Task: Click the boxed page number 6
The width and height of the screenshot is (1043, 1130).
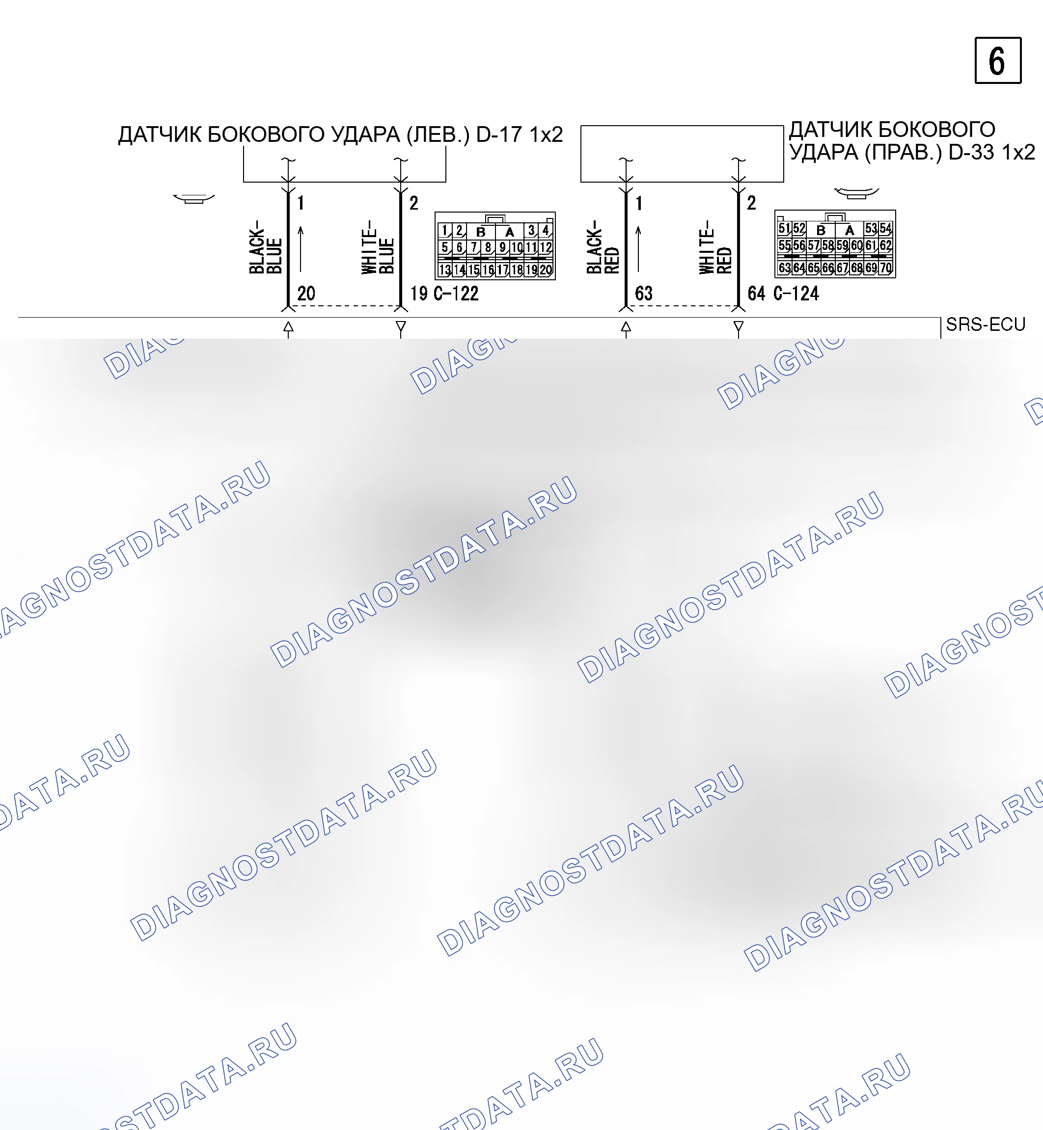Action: pos(998,60)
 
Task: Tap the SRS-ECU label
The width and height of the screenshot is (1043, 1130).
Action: pos(986,324)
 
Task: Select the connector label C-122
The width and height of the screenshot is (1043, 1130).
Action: pos(456,294)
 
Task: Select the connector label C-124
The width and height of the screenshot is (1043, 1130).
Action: pos(796,294)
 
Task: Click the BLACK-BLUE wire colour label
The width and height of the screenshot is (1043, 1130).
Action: pos(265,247)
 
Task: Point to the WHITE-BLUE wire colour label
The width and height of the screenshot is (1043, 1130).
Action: pos(378,247)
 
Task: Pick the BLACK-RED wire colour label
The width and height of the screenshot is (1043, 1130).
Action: pos(603,247)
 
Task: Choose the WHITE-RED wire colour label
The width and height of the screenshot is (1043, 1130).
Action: pos(715,247)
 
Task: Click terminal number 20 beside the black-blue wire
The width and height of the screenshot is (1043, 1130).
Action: pos(306,294)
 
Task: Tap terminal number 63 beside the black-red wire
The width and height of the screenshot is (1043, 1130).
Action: pos(643,294)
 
